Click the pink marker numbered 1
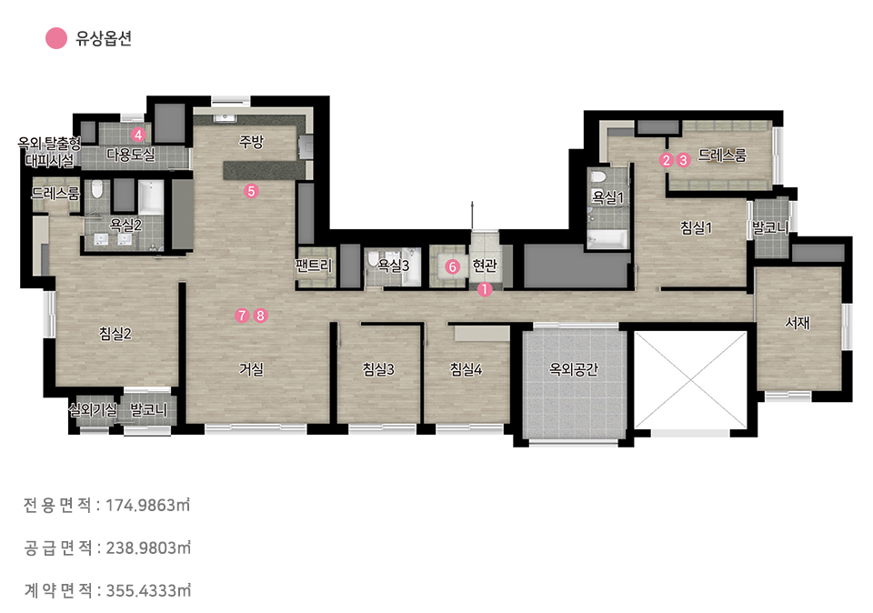pos(485,289)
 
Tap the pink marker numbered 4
pos(138,135)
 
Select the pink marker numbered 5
pos(251,191)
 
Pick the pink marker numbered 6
pos(453,266)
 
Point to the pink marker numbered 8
pos(260,316)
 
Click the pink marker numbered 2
pos(666,160)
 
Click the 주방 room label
pos(251,142)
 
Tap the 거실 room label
pos(251,368)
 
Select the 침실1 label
pos(696,227)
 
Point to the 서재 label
pos(798,322)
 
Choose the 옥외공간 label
pos(574,368)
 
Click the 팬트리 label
pos(314,265)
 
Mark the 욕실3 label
pos(393,265)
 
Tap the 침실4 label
pos(466,368)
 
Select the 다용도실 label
pos(131,155)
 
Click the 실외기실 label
pos(93,410)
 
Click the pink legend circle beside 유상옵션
pos(56,38)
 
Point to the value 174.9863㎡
pos(148,505)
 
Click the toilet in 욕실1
pos(597,178)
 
